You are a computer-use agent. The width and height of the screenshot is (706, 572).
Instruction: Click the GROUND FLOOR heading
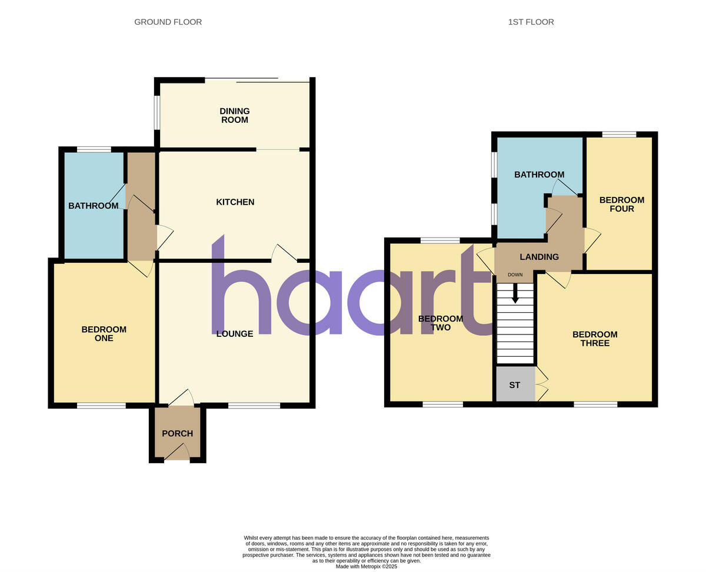pyautogui.click(x=168, y=22)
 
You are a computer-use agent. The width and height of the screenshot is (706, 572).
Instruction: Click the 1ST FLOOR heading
pyautogui.click(x=531, y=22)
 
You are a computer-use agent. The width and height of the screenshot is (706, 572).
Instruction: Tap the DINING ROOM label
pyautogui.click(x=235, y=115)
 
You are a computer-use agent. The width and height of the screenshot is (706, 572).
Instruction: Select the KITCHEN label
pyautogui.click(x=235, y=202)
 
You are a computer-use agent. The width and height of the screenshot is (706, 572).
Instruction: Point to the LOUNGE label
pyautogui.click(x=235, y=334)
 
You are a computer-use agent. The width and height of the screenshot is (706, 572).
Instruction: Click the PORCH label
pyautogui.click(x=177, y=434)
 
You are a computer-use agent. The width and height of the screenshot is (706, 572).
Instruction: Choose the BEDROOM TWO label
pyautogui.click(x=440, y=323)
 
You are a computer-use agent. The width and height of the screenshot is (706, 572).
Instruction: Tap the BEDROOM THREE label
pyautogui.click(x=595, y=339)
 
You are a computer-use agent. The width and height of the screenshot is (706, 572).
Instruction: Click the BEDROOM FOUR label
pyautogui.click(x=622, y=204)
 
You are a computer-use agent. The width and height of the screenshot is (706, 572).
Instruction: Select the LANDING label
pyautogui.click(x=539, y=257)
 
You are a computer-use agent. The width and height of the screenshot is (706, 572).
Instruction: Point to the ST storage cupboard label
pyautogui.click(x=515, y=386)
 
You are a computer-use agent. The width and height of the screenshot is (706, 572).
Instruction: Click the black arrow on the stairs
pyautogui.click(x=515, y=294)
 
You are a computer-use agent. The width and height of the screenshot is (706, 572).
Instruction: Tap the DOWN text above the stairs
pyautogui.click(x=515, y=275)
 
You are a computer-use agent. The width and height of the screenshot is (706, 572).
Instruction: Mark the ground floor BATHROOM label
pyautogui.click(x=94, y=206)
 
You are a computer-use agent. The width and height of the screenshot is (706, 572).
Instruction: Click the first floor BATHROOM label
pyautogui.click(x=539, y=175)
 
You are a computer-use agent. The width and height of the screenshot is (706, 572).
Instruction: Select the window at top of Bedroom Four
pyautogui.click(x=619, y=135)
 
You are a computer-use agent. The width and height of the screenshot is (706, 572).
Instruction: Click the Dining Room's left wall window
pyautogui.click(x=157, y=112)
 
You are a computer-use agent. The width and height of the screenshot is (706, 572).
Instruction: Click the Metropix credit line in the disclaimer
pyautogui.click(x=367, y=567)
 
